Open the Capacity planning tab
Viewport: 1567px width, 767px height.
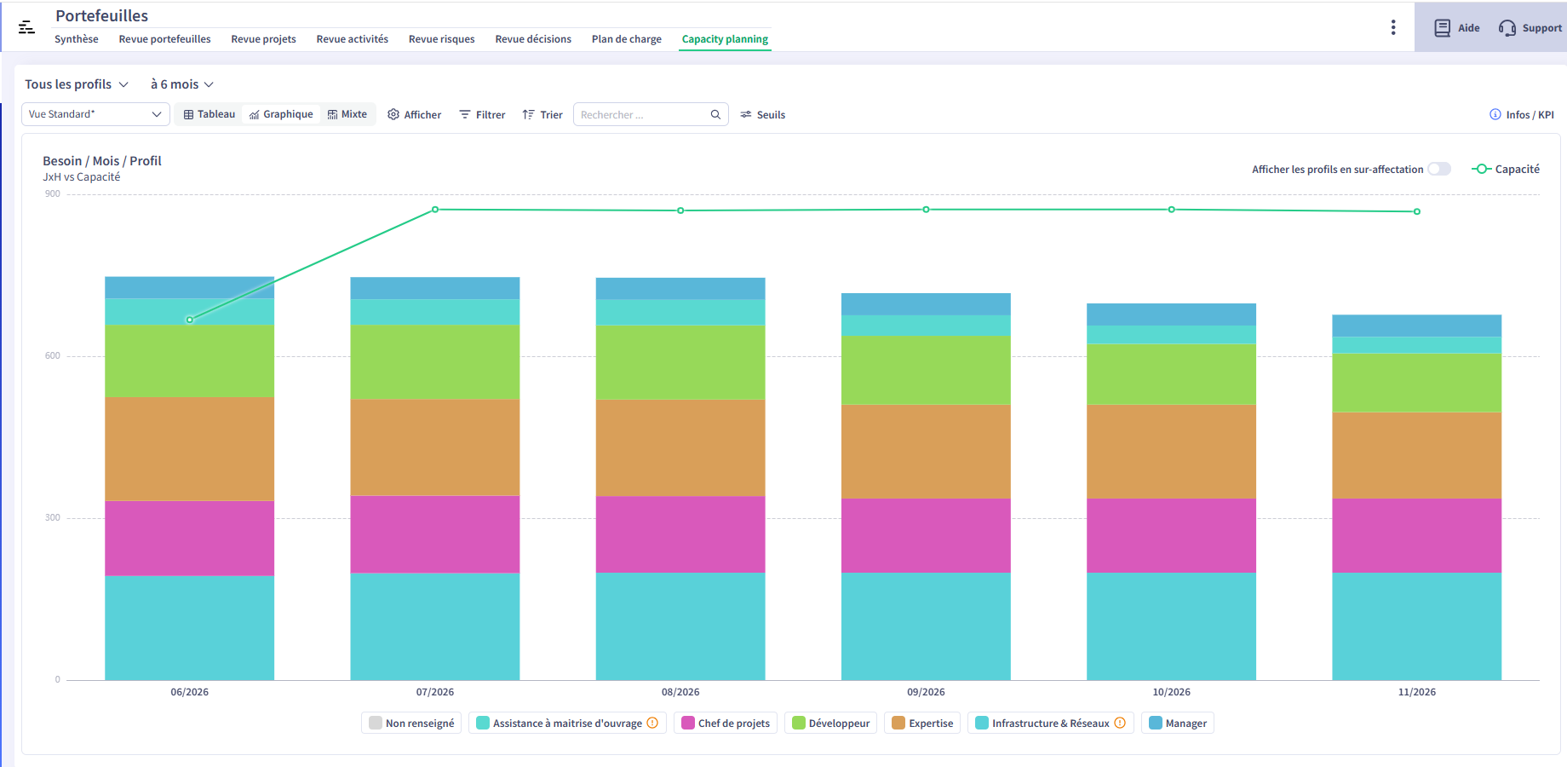tap(725, 39)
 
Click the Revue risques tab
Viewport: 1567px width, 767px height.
tap(441, 39)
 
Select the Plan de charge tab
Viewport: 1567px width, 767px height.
tap(626, 39)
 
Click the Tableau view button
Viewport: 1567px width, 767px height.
tap(210, 114)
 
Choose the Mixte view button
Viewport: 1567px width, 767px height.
tap(347, 114)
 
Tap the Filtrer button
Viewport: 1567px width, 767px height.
tap(482, 115)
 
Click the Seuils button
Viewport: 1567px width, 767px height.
tap(763, 115)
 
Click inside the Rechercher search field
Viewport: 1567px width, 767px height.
tap(643, 115)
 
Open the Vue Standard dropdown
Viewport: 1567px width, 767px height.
tap(95, 114)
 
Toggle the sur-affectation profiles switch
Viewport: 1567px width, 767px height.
tap(1439, 169)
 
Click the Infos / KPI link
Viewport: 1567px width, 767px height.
tap(1522, 115)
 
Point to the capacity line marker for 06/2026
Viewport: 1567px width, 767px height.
tap(190, 320)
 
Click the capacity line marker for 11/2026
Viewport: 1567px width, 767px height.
tap(1417, 211)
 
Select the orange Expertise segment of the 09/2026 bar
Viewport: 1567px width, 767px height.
tap(926, 452)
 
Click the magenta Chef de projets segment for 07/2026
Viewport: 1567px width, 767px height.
tap(435, 534)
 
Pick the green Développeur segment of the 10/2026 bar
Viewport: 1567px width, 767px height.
tap(1171, 374)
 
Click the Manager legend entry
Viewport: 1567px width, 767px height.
tap(1178, 724)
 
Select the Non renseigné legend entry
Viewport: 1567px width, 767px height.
tap(411, 724)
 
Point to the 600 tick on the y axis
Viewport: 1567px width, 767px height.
tap(53, 356)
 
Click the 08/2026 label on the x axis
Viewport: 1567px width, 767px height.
tap(680, 692)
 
